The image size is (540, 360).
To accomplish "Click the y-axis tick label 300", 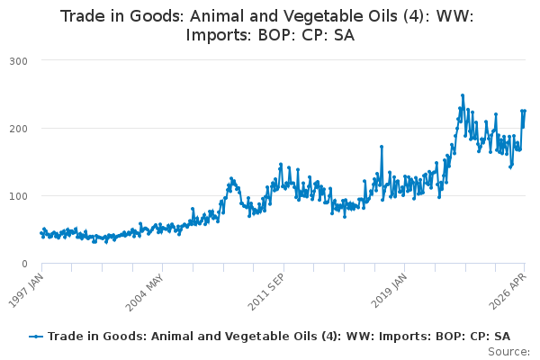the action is [18, 61].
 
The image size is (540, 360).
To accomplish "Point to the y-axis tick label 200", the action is [18, 129].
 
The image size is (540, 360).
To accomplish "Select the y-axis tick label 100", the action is [18, 196].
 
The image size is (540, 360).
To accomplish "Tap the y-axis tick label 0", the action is [24, 264].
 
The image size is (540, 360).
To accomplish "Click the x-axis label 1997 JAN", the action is [26, 291].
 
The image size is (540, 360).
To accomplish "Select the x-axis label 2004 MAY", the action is [144, 292].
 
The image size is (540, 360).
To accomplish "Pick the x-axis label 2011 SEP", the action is [266, 292].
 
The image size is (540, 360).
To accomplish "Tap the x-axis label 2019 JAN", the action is [389, 291].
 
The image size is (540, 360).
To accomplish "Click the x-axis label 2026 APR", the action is [508, 292].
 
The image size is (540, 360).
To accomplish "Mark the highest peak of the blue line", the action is [463, 95].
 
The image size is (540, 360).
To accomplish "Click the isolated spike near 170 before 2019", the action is [382, 147].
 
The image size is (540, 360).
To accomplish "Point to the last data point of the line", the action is [525, 111].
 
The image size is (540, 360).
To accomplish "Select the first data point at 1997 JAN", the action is [41, 233].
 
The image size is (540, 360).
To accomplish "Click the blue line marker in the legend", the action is [36, 337].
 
